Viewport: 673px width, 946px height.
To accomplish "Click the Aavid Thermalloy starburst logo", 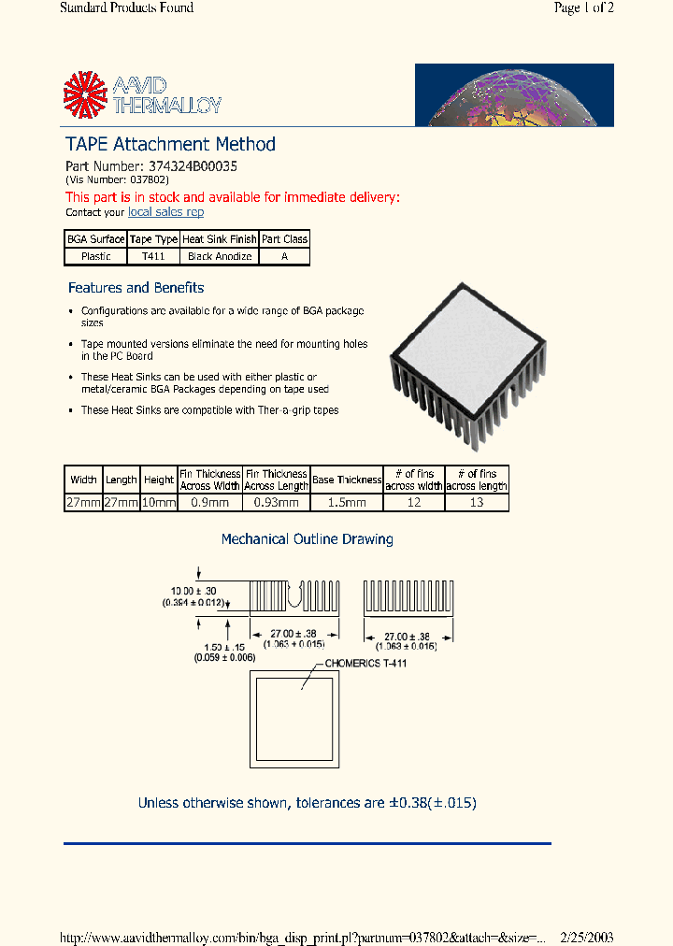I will coord(85,94).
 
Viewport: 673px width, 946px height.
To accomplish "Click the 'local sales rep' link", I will coord(165,212).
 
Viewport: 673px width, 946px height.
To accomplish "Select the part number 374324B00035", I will coord(193,165).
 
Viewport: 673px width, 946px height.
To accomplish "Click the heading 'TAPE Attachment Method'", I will coord(170,144).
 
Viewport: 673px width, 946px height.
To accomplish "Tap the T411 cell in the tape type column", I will coord(153,256).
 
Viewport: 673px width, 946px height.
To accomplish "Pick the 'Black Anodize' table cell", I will coord(220,256).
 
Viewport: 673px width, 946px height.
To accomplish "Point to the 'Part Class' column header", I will coord(284,239).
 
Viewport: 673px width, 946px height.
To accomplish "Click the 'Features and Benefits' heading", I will coord(136,288).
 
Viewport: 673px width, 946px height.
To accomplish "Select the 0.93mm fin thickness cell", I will coord(277,503).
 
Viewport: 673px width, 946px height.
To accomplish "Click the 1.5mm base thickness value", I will coord(347,503).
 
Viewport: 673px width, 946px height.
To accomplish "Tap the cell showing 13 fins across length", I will coord(477,503).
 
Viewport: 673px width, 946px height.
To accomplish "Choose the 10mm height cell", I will coord(159,503).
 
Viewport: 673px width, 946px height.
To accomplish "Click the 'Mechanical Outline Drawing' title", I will coord(307,539).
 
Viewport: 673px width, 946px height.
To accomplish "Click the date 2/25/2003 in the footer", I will coord(586,938).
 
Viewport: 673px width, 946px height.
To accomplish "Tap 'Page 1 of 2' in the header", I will coord(583,8).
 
